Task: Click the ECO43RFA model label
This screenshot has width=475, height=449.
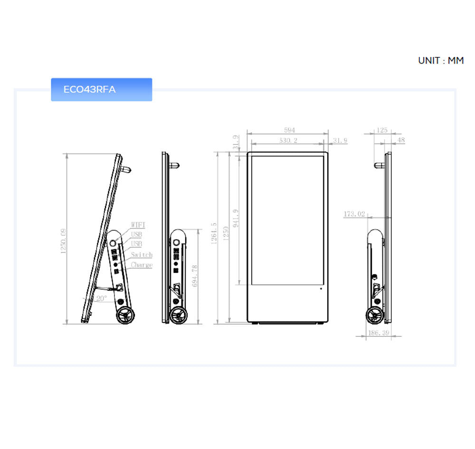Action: pos(89,89)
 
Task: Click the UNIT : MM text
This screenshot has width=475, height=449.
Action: pos(441,61)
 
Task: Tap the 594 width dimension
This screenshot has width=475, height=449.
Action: pos(289,130)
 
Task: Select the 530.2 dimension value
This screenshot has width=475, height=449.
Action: pos(288,140)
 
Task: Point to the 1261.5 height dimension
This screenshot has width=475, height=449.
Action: pos(214,233)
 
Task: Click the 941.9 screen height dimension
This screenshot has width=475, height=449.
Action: pos(236,218)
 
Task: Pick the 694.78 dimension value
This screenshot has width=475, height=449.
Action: pos(195,276)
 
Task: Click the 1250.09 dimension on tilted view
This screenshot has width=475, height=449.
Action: pos(63,241)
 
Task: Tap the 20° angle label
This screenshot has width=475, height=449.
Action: pos(102,299)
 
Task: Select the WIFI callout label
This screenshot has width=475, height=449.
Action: pos(138,225)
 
